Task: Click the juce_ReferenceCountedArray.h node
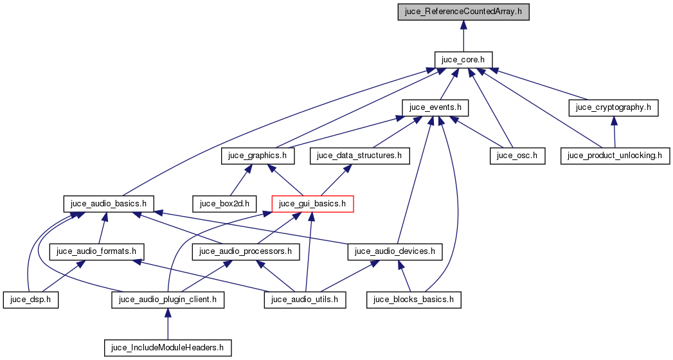pyautogui.click(x=463, y=12)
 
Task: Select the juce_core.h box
pyautogui.click(x=463, y=60)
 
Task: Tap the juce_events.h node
pyautogui.click(x=435, y=107)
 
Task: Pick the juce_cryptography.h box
pyautogui.click(x=614, y=107)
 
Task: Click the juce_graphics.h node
pyautogui.click(x=258, y=156)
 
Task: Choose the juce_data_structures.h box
pyautogui.click(x=359, y=156)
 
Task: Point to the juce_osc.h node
pyautogui.click(x=517, y=156)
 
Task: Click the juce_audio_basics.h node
pyautogui.click(x=109, y=204)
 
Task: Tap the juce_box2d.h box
pyautogui.click(x=228, y=204)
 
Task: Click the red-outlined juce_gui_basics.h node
pyautogui.click(x=313, y=204)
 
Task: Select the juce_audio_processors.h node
pyautogui.click(x=247, y=251)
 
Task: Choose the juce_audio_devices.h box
pyautogui.click(x=395, y=251)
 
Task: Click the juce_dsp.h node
pyautogui.click(x=31, y=300)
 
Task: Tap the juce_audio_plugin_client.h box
pyautogui.click(x=168, y=300)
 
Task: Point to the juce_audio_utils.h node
pyautogui.click(x=305, y=300)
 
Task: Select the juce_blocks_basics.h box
pyautogui.click(x=415, y=300)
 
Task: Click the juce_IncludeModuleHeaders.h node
pyautogui.click(x=168, y=348)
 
